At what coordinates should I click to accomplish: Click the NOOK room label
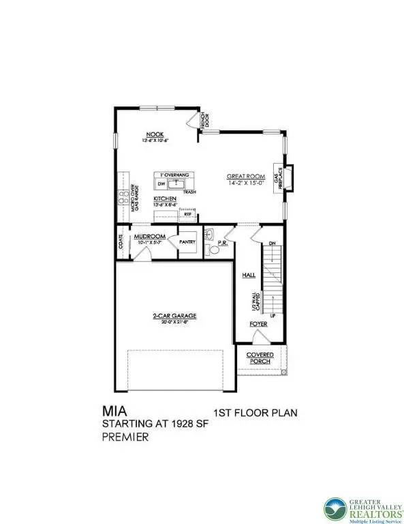155,134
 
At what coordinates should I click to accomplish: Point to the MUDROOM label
150,237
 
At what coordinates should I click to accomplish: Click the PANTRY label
187,242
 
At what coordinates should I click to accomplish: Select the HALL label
247,275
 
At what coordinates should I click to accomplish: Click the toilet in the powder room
213,250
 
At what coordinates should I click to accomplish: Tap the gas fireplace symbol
288,177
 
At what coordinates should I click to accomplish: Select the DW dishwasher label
161,184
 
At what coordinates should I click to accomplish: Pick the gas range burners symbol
124,198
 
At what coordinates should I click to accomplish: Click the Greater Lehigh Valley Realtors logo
361,503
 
